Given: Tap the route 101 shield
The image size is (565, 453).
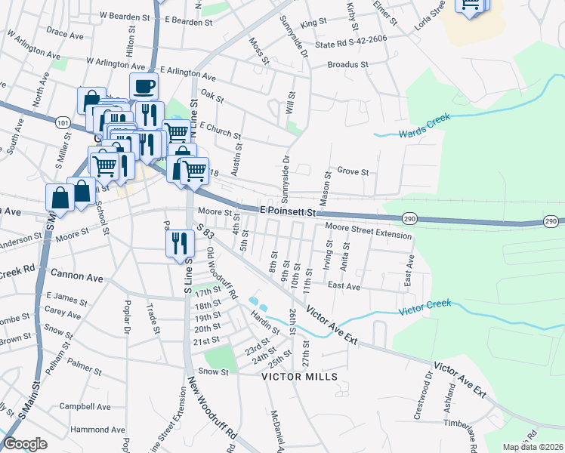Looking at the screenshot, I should [x=63, y=122].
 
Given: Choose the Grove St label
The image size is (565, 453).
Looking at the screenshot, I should [x=353, y=171].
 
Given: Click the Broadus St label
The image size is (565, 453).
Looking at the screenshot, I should [x=347, y=65].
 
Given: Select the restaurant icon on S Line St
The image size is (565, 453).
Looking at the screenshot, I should [x=179, y=243].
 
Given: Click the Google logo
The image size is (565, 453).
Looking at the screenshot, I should [x=25, y=444].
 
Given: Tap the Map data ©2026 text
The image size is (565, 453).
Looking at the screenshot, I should [x=533, y=447].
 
